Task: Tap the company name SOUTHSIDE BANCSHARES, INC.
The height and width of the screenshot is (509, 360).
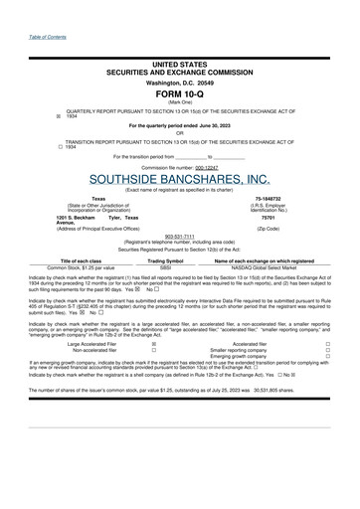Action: tap(180, 179)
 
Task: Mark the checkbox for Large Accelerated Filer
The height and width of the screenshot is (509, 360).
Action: tap(153, 344)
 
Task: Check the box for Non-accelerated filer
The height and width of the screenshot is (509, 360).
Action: tap(153, 350)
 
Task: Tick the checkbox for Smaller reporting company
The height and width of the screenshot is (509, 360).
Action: tap(328, 350)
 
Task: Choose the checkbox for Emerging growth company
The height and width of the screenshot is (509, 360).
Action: tap(328, 357)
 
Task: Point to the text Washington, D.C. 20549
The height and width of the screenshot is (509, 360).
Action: tap(180, 81)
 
